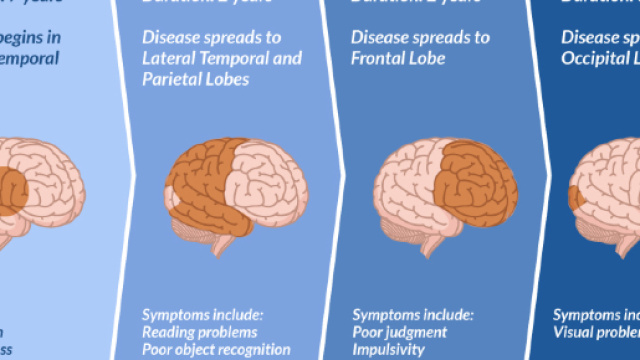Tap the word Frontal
tap(378, 59)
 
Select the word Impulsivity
tap(390, 350)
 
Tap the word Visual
tap(579, 332)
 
